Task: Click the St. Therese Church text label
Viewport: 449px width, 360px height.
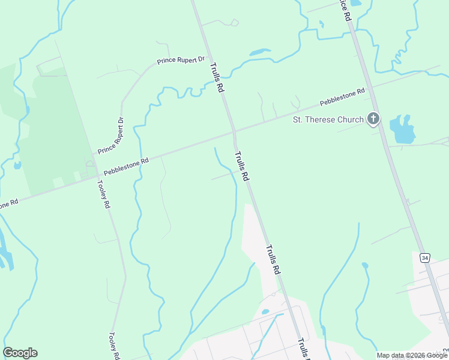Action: point(328,119)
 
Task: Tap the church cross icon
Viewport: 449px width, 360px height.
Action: point(373,119)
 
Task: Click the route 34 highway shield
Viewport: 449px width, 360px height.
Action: point(425,257)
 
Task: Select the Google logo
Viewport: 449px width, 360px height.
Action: point(20,353)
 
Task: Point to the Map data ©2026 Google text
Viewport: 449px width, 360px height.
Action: point(412,355)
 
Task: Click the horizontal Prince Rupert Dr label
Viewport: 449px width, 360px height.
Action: point(181,61)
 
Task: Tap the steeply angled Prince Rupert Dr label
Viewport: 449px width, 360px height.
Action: point(110,136)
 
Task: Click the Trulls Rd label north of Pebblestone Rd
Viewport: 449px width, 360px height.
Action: point(217,79)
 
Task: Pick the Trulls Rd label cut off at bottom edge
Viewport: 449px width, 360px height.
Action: point(303,348)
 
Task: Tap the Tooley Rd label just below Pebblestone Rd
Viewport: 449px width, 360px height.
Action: point(105,194)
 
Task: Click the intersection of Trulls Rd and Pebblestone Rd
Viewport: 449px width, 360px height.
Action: point(234,130)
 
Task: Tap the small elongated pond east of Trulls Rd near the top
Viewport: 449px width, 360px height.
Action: point(259,52)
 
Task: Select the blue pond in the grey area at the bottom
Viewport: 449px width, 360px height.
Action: point(265,312)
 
